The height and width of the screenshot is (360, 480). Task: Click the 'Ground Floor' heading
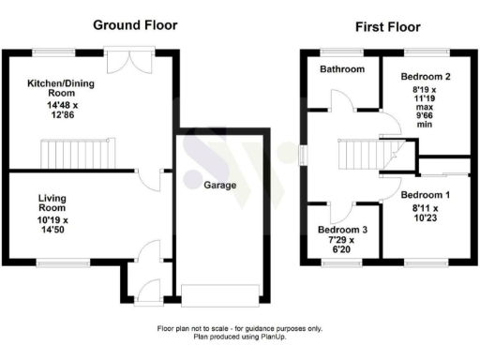tap(135, 24)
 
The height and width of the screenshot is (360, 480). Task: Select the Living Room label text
tap(52, 203)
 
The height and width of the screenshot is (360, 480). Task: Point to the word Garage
tap(222, 185)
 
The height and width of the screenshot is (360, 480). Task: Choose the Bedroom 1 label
tap(425, 196)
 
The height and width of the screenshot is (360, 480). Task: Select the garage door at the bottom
tap(221, 293)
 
